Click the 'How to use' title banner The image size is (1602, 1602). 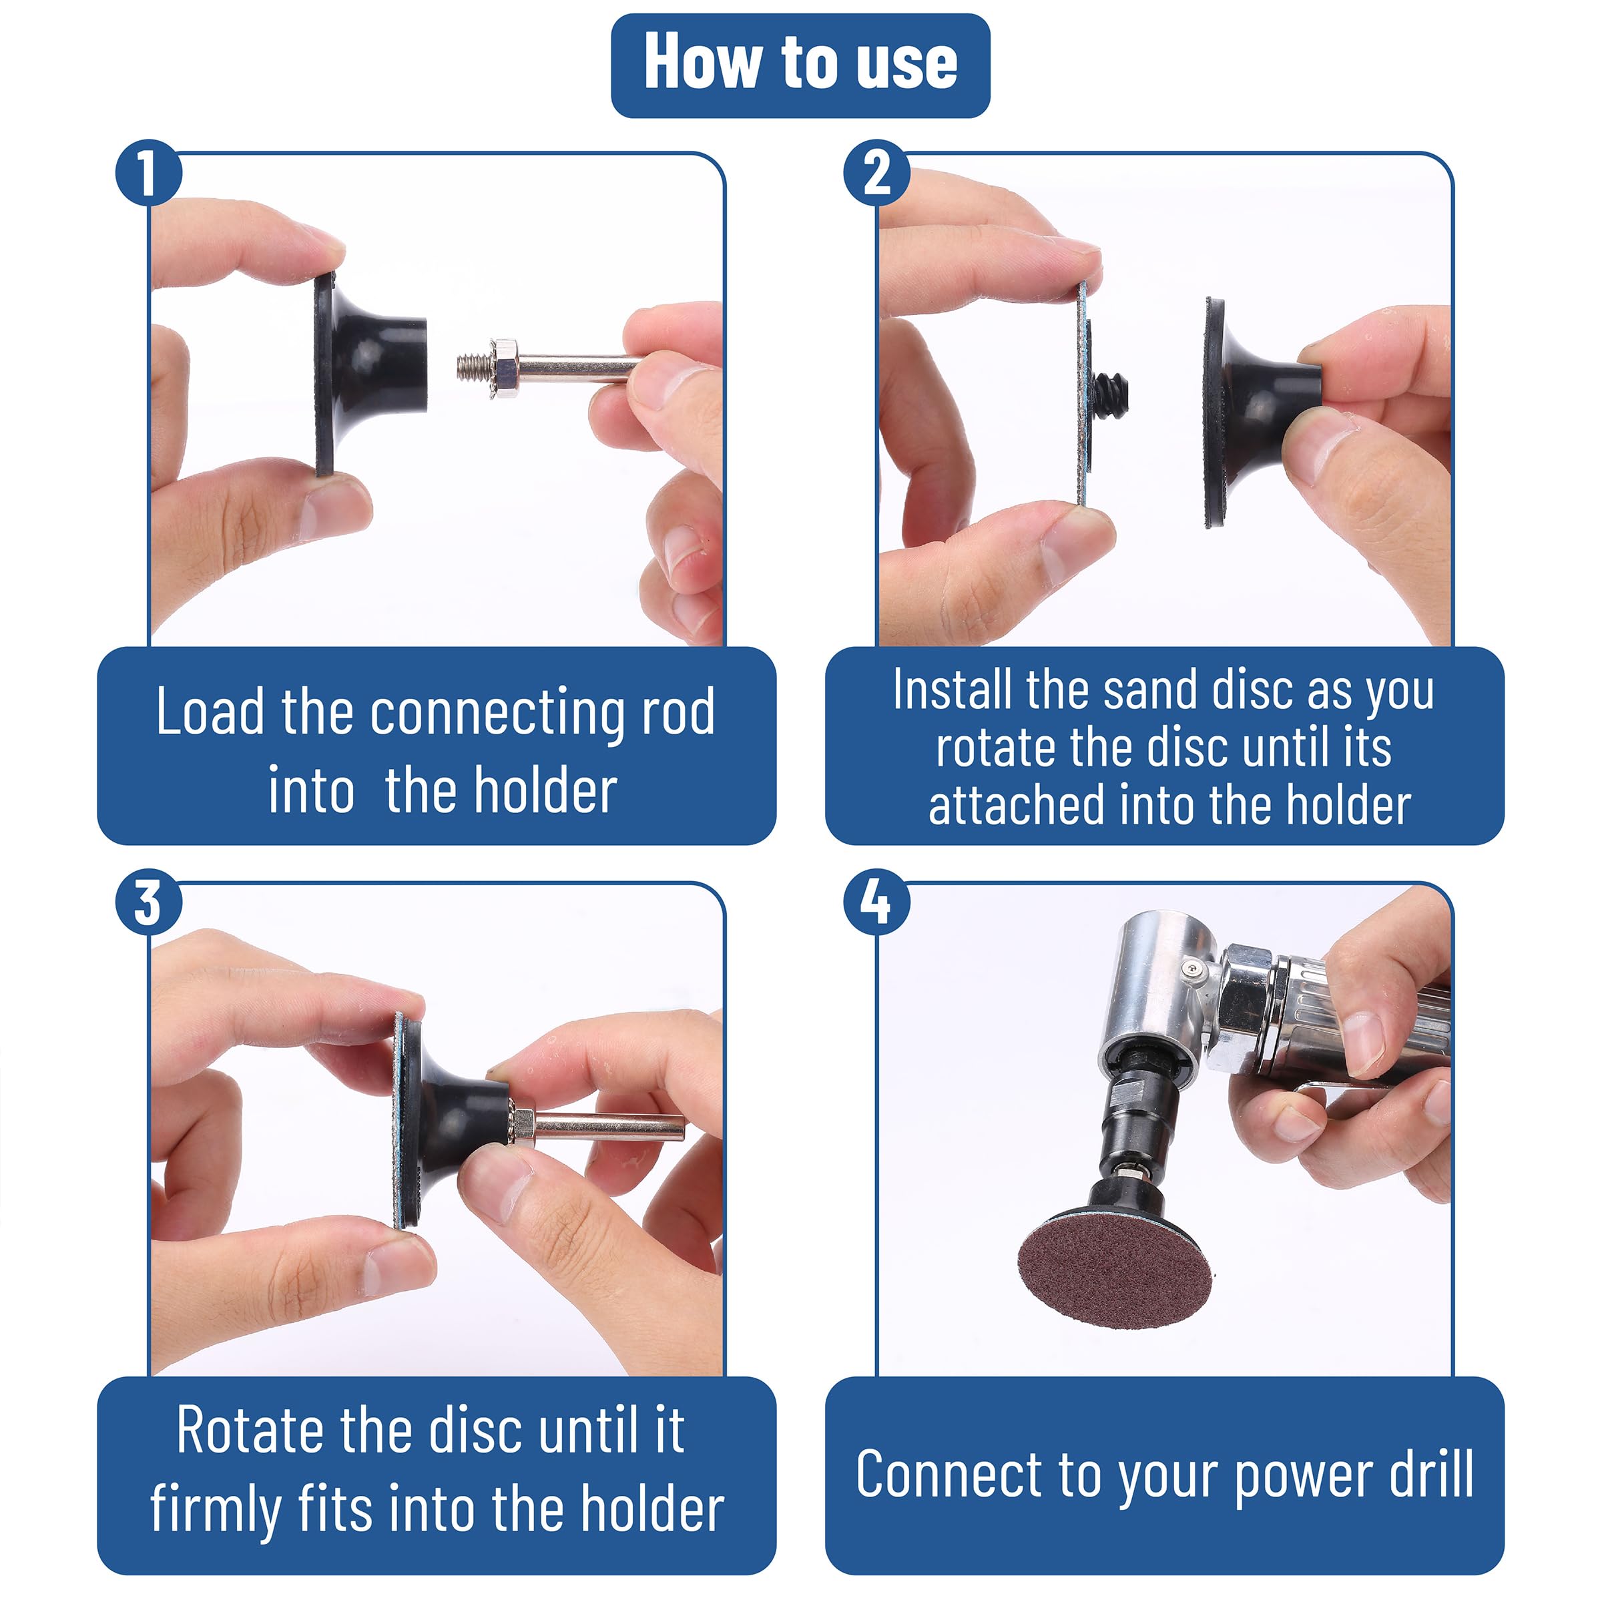[x=800, y=65]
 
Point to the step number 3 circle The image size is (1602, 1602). [x=148, y=903]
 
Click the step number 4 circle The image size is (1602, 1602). [x=876, y=903]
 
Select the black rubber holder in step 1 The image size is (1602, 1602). [x=370, y=374]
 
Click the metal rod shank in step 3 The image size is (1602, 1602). [x=609, y=1126]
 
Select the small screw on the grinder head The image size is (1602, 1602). [x=1191, y=969]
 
